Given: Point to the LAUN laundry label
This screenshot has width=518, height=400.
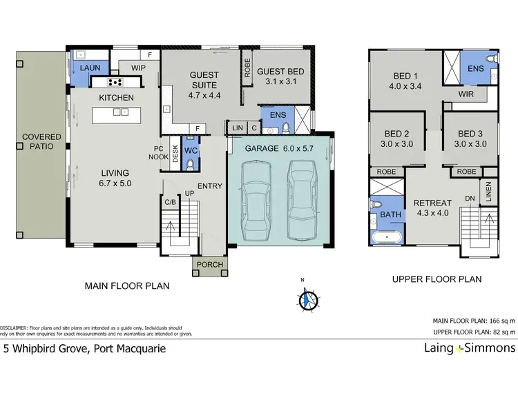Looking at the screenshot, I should [x=90, y=68].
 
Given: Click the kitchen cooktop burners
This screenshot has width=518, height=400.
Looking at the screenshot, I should [x=115, y=81].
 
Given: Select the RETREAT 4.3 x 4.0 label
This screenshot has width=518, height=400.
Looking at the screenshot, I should [x=432, y=208].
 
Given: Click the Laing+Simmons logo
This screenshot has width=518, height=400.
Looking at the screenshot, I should [x=469, y=348].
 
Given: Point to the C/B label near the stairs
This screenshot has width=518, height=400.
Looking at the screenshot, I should [x=170, y=202].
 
